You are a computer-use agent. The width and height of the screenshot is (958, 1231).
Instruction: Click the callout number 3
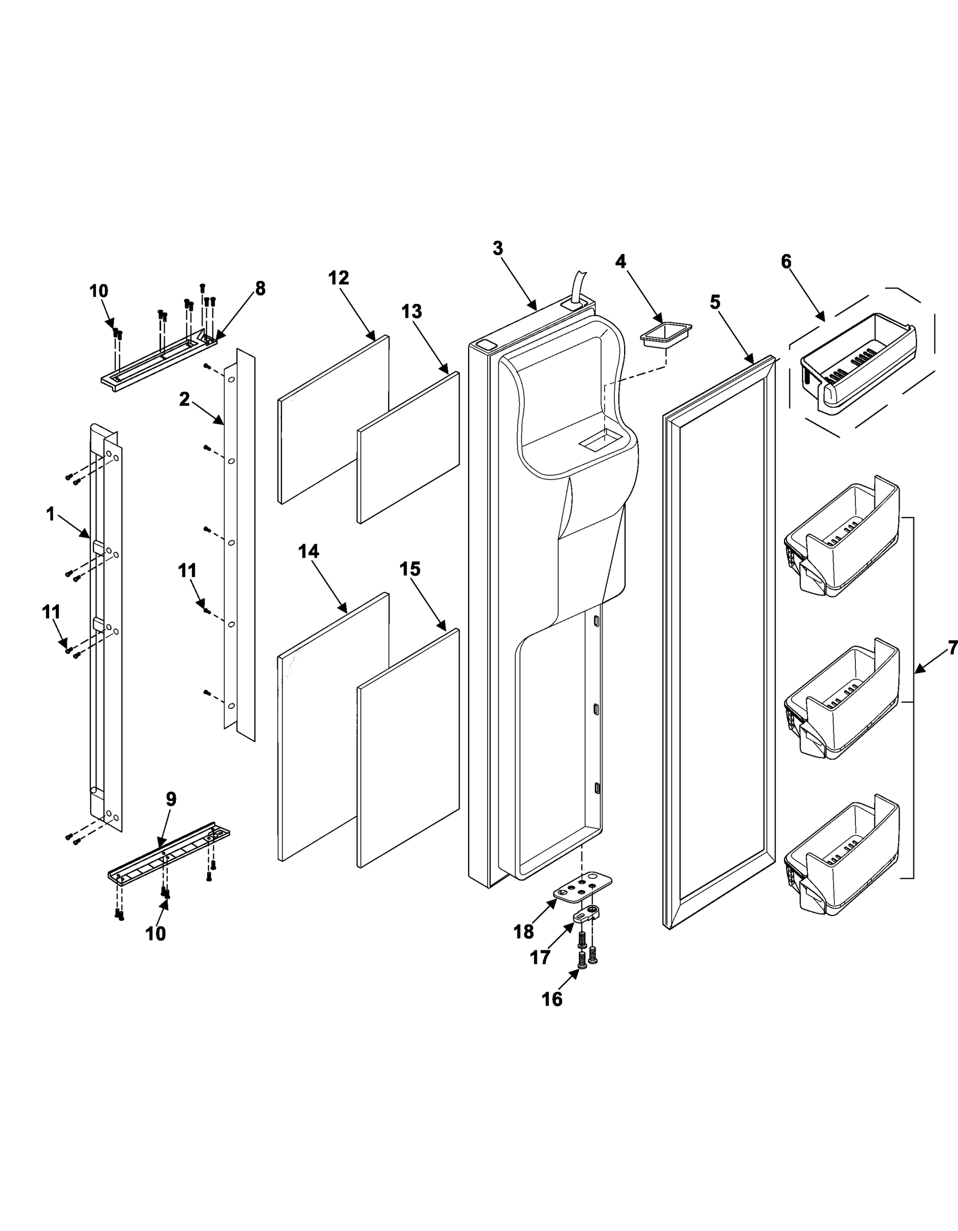click(x=497, y=248)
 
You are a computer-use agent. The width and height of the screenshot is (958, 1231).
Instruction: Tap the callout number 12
click(x=338, y=278)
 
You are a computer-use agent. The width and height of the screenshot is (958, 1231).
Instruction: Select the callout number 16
click(x=552, y=999)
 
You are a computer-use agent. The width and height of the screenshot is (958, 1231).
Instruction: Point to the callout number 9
click(x=171, y=799)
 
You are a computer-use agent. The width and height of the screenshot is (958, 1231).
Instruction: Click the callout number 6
click(x=786, y=262)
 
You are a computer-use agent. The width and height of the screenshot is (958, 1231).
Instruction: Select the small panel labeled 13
click(x=409, y=448)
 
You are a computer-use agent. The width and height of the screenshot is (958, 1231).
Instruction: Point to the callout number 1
click(x=50, y=514)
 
